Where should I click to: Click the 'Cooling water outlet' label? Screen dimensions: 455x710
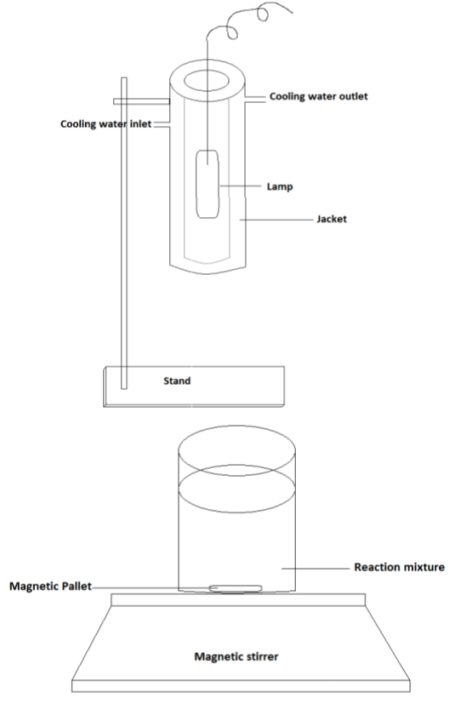pyautogui.click(x=318, y=96)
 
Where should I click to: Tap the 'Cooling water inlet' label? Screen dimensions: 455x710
pyautogui.click(x=105, y=124)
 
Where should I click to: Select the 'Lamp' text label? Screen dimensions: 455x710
pyautogui.click(x=280, y=186)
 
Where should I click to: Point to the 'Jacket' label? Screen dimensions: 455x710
pyautogui.click(x=332, y=219)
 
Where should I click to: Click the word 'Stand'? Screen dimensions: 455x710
pyautogui.click(x=177, y=381)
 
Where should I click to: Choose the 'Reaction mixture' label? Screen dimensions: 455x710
pyautogui.click(x=399, y=567)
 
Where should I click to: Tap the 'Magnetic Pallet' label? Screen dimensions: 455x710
pyautogui.click(x=51, y=587)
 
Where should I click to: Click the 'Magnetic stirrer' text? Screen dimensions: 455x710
pyautogui.click(x=236, y=656)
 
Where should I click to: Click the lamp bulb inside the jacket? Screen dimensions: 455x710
pyautogui.click(x=208, y=184)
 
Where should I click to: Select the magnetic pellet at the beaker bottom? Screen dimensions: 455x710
pyautogui.click(x=236, y=588)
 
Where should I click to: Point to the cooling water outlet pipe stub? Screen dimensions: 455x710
pyautogui.click(x=255, y=99)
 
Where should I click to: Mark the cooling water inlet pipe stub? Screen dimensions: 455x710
pyautogui.click(x=162, y=124)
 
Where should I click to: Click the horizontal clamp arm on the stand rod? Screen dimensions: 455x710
pyautogui.click(x=141, y=101)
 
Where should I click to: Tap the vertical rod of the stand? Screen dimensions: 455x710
pyautogui.click(x=124, y=232)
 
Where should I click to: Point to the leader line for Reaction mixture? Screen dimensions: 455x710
pyautogui.click(x=316, y=569)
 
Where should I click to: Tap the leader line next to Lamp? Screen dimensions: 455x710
pyautogui.click(x=240, y=186)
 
